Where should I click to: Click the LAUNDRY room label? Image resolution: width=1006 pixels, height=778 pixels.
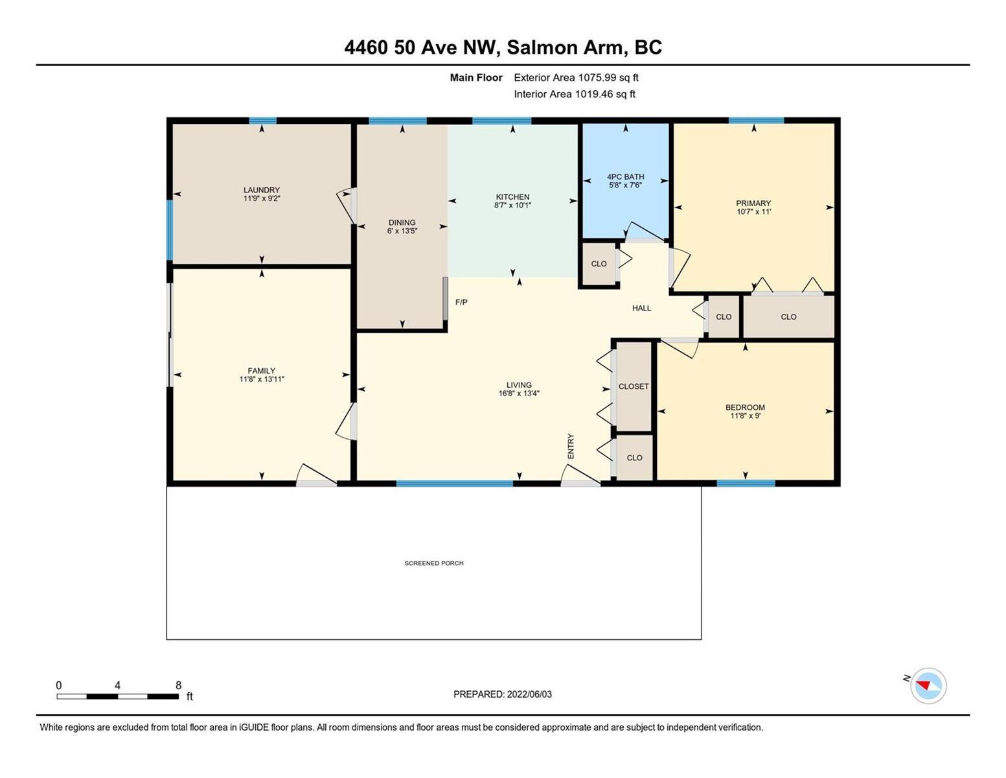[x=262, y=190]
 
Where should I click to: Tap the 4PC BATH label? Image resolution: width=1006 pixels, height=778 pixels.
[x=626, y=176]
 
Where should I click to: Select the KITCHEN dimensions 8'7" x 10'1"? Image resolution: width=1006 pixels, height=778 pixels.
[x=512, y=206]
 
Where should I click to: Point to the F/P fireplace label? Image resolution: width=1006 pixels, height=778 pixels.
[x=461, y=302]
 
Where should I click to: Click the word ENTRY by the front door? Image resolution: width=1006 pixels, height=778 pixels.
[x=571, y=446]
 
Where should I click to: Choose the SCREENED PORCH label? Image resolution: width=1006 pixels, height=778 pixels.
[x=434, y=563]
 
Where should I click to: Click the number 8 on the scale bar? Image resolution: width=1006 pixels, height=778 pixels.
[x=178, y=685]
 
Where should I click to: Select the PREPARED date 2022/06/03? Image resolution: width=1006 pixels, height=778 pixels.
[x=529, y=694]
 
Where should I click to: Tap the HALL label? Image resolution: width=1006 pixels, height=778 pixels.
[x=642, y=308]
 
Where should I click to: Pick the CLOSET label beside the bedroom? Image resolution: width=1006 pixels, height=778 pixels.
[x=634, y=386]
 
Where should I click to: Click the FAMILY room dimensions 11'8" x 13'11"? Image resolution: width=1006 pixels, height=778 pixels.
[x=262, y=379]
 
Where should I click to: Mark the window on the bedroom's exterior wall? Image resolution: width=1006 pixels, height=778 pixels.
[x=746, y=483]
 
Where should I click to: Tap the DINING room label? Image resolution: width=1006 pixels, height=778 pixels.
[x=402, y=222]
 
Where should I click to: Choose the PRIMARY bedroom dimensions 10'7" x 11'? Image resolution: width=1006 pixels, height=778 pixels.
[x=753, y=212]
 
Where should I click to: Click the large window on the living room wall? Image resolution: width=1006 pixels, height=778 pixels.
[x=454, y=483]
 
